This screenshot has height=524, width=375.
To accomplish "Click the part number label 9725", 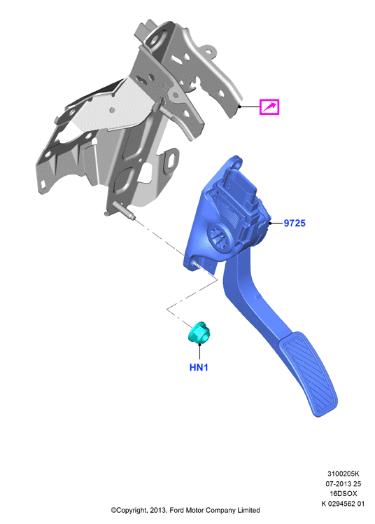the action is click(x=295, y=223).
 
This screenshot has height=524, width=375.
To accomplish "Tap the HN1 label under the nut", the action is click(x=199, y=367).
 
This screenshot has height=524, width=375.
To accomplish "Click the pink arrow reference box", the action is click(x=269, y=107).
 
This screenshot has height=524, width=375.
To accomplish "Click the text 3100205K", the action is click(x=344, y=474).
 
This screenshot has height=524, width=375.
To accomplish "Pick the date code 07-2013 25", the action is click(x=344, y=483).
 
